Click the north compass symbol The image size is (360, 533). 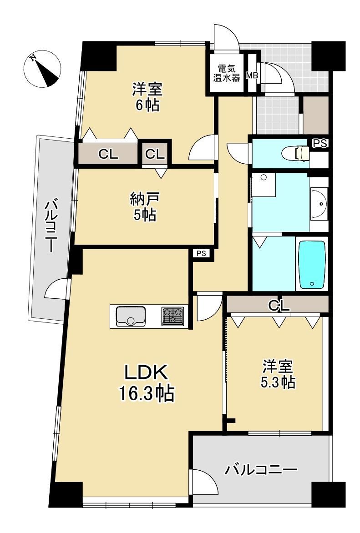[43, 69]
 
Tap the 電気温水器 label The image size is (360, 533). [226, 73]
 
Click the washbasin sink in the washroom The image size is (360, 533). [319, 204]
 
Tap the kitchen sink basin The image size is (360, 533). [130, 316]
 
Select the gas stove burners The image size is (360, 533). [172, 316]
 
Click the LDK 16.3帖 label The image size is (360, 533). [146, 383]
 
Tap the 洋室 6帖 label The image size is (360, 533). [147, 97]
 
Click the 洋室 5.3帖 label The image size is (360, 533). [278, 374]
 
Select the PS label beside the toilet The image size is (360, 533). [320, 144]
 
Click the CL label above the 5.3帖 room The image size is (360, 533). [279, 306]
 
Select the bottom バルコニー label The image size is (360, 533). [260, 470]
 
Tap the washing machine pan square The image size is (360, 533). [264, 184]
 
